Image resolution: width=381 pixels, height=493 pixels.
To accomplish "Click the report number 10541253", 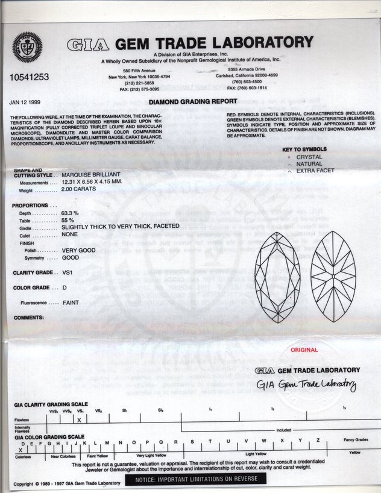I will click(29, 78).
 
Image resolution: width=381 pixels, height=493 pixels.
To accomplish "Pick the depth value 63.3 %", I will click(71, 213).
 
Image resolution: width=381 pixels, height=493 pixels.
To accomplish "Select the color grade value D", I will click(65, 287).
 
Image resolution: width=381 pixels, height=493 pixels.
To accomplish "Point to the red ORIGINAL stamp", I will click(304, 350).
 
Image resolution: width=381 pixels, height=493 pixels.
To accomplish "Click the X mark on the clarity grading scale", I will click(78, 418).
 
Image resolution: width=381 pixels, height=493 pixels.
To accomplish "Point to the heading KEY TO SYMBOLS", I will click(304, 149).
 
